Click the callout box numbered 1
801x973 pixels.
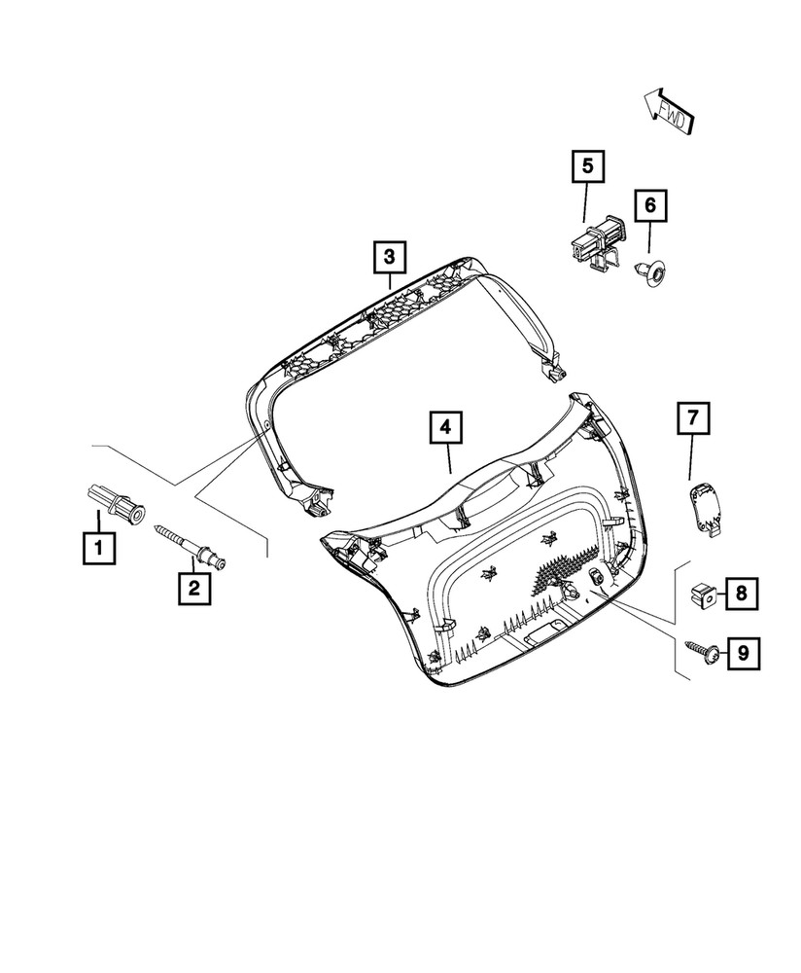click(98, 548)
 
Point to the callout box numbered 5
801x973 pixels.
click(587, 166)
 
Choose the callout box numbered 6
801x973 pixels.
click(649, 206)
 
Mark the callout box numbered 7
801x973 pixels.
click(693, 419)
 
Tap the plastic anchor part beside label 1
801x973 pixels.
click(115, 500)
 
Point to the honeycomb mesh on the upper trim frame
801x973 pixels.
click(389, 311)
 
